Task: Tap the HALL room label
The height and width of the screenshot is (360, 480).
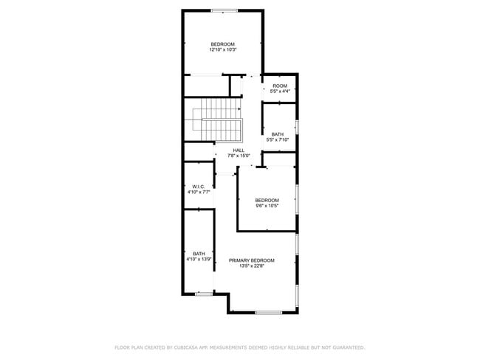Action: pos(239,150)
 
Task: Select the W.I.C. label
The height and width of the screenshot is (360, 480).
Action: pos(198,186)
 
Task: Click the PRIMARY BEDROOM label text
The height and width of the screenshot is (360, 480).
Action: pos(251,260)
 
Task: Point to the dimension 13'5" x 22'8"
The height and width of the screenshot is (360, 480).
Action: pos(251,266)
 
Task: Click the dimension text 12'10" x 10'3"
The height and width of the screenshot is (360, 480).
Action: pos(222,50)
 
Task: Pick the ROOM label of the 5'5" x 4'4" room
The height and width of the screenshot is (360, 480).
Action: pos(280,86)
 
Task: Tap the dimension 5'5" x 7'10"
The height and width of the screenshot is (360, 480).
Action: pos(278,139)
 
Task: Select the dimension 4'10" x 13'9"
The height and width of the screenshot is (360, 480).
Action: pos(199,260)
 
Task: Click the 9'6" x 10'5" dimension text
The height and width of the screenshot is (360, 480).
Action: pos(267,205)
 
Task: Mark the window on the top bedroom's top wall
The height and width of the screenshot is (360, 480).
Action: pos(224,10)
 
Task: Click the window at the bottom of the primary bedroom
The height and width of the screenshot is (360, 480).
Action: pos(269,313)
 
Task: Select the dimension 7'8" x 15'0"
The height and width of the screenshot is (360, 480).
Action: pos(239,155)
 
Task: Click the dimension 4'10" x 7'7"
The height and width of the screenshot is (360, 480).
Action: pos(198,192)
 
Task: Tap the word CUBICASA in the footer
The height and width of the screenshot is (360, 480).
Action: pos(189,347)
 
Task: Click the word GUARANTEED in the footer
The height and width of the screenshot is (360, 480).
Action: pos(346,347)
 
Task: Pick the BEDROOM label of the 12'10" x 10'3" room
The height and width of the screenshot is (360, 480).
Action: pos(222,44)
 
